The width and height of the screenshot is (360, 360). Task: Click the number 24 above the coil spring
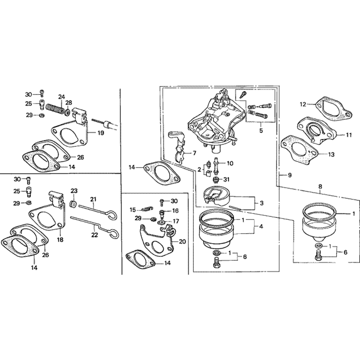coord(62,96)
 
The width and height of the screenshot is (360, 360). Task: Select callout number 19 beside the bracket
coord(100,133)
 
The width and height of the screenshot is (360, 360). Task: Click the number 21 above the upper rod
coord(94,199)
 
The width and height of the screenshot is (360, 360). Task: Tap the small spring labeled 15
coord(146,209)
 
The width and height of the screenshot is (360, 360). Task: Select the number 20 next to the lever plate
coord(182,242)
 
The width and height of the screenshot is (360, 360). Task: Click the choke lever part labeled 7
coord(177,148)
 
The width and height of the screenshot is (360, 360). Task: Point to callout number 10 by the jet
coord(230,163)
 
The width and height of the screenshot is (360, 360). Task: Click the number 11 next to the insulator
coord(349,135)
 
